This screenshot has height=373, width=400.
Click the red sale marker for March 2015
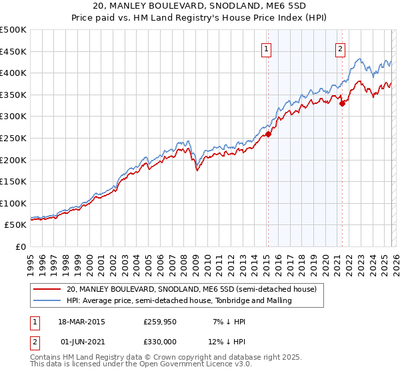tap(268, 134)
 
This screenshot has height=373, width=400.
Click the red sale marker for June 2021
tap(342, 103)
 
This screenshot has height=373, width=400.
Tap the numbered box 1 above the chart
tap(266, 48)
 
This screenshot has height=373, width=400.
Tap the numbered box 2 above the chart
tap(340, 48)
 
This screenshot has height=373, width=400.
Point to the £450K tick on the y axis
tap(14, 51)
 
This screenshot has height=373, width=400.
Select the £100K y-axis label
tap(14, 203)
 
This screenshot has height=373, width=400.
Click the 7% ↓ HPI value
tap(230, 321)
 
